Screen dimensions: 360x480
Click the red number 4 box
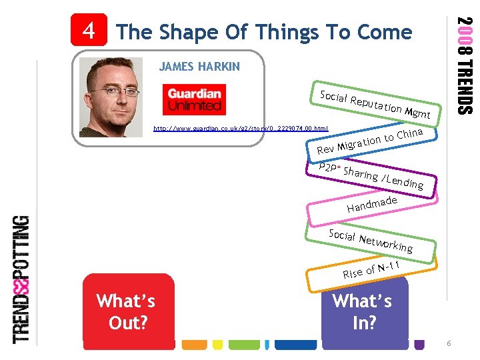pos(88,30)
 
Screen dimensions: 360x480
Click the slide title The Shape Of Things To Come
pos(264,32)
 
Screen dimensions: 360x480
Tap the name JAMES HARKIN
pos(199,67)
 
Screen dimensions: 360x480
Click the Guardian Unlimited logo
pos(194,99)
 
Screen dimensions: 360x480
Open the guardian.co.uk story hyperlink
pos(241,127)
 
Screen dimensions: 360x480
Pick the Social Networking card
pos(371,241)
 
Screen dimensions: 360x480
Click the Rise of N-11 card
pos(371,271)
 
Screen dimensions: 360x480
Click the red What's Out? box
pos(126,311)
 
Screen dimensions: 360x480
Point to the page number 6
pos(449,343)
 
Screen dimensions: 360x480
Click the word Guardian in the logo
pos(194,94)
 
